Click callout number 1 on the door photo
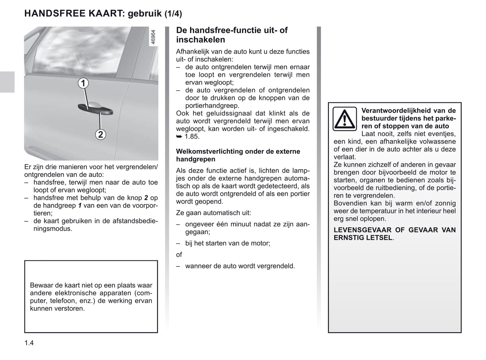[x=83, y=83]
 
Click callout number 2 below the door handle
[x=101, y=135]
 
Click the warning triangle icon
[x=345, y=119]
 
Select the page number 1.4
[x=29, y=343]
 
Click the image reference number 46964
[x=153, y=37]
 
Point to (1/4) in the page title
[x=173, y=14]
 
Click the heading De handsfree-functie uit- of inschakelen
[x=232, y=35]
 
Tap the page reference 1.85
[x=192, y=137]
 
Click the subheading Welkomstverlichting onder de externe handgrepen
[x=238, y=155]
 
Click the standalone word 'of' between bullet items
[x=179, y=255]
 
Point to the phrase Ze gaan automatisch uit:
[x=213, y=213]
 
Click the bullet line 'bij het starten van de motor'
[x=227, y=243]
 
